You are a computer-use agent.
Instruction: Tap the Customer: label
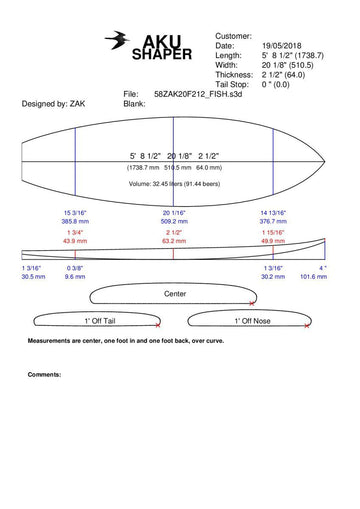click(x=234, y=36)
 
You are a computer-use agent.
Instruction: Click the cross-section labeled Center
click(x=175, y=294)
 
